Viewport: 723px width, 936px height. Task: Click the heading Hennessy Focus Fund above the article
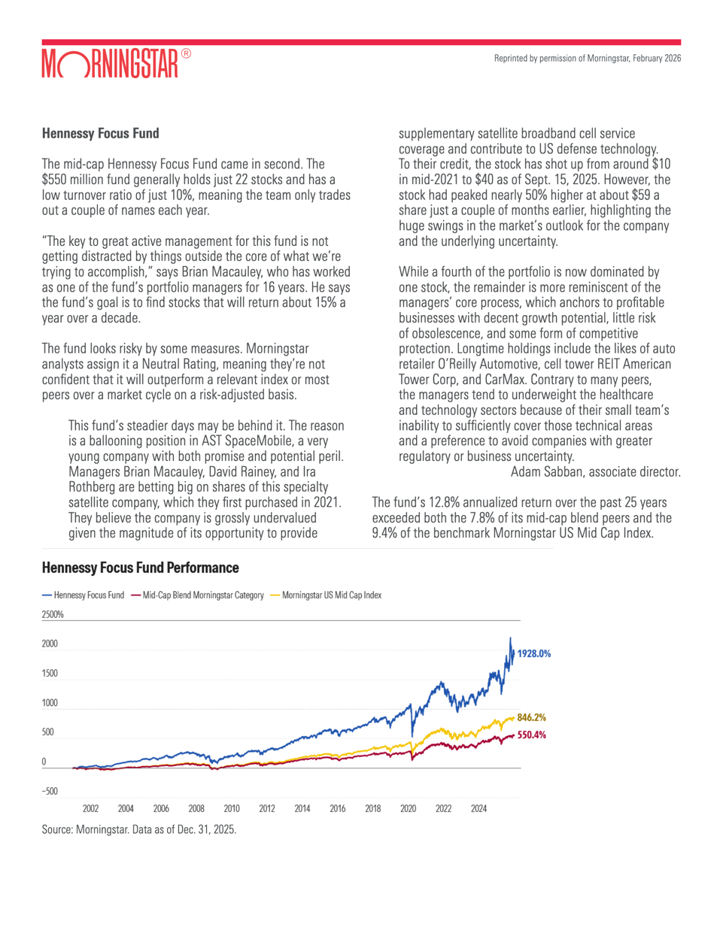pos(100,134)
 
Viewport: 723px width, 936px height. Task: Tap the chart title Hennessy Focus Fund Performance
pos(140,568)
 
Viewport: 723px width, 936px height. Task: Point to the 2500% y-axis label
pos(53,615)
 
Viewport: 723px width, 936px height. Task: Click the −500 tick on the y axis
pos(50,792)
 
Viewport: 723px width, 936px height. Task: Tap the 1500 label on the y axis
pos(50,674)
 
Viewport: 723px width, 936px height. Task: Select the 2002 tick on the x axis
pos(90,809)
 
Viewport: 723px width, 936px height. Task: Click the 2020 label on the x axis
pos(408,809)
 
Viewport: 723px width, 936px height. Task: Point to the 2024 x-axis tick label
pos(478,809)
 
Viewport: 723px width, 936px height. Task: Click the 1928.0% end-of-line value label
pos(533,654)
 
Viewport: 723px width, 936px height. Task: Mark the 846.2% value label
pos(531,718)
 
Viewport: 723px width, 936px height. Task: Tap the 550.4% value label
pos(531,735)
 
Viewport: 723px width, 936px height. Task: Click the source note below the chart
pos(139,830)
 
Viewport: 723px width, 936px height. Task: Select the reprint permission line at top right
pos(587,59)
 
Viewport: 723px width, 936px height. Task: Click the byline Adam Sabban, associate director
pos(595,472)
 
